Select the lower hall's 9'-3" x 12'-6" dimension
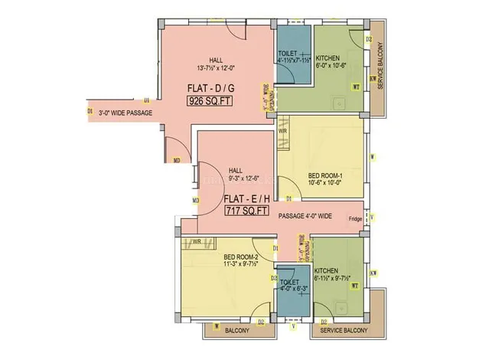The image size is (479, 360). (x=243, y=179)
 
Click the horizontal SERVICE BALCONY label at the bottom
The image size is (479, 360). (x=343, y=331)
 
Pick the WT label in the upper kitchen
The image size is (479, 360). (x=355, y=87)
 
